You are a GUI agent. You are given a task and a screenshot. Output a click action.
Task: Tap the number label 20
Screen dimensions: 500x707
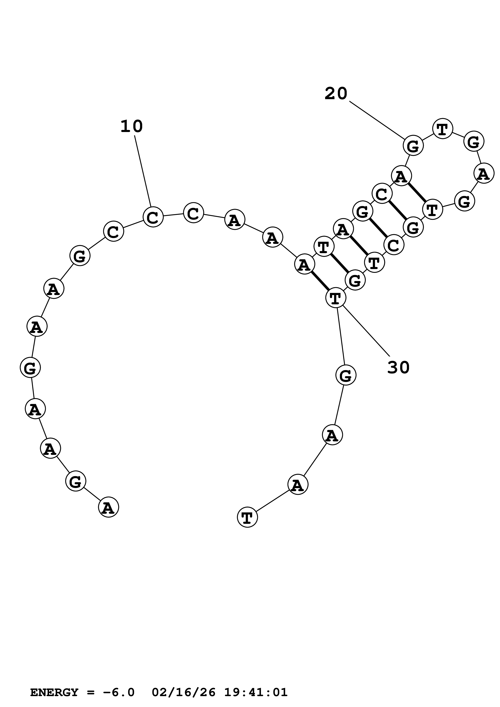336,93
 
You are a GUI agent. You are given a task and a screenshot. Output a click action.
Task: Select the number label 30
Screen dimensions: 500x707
398,367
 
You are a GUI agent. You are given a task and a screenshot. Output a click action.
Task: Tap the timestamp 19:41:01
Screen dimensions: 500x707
256,684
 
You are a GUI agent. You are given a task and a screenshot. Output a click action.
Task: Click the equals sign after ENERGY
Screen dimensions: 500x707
91,684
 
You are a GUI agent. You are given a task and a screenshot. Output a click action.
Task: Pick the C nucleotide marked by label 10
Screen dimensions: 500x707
153,217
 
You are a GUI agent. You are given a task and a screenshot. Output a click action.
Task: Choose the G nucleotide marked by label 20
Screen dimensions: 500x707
413,146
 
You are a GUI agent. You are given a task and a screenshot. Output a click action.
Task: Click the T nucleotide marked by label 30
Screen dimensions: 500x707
336,298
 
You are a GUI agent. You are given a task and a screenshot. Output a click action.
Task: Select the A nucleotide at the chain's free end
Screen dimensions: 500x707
109,507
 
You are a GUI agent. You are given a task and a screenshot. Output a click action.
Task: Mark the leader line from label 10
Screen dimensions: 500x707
143,171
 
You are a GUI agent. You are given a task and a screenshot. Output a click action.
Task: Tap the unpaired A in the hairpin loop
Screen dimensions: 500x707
484,173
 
